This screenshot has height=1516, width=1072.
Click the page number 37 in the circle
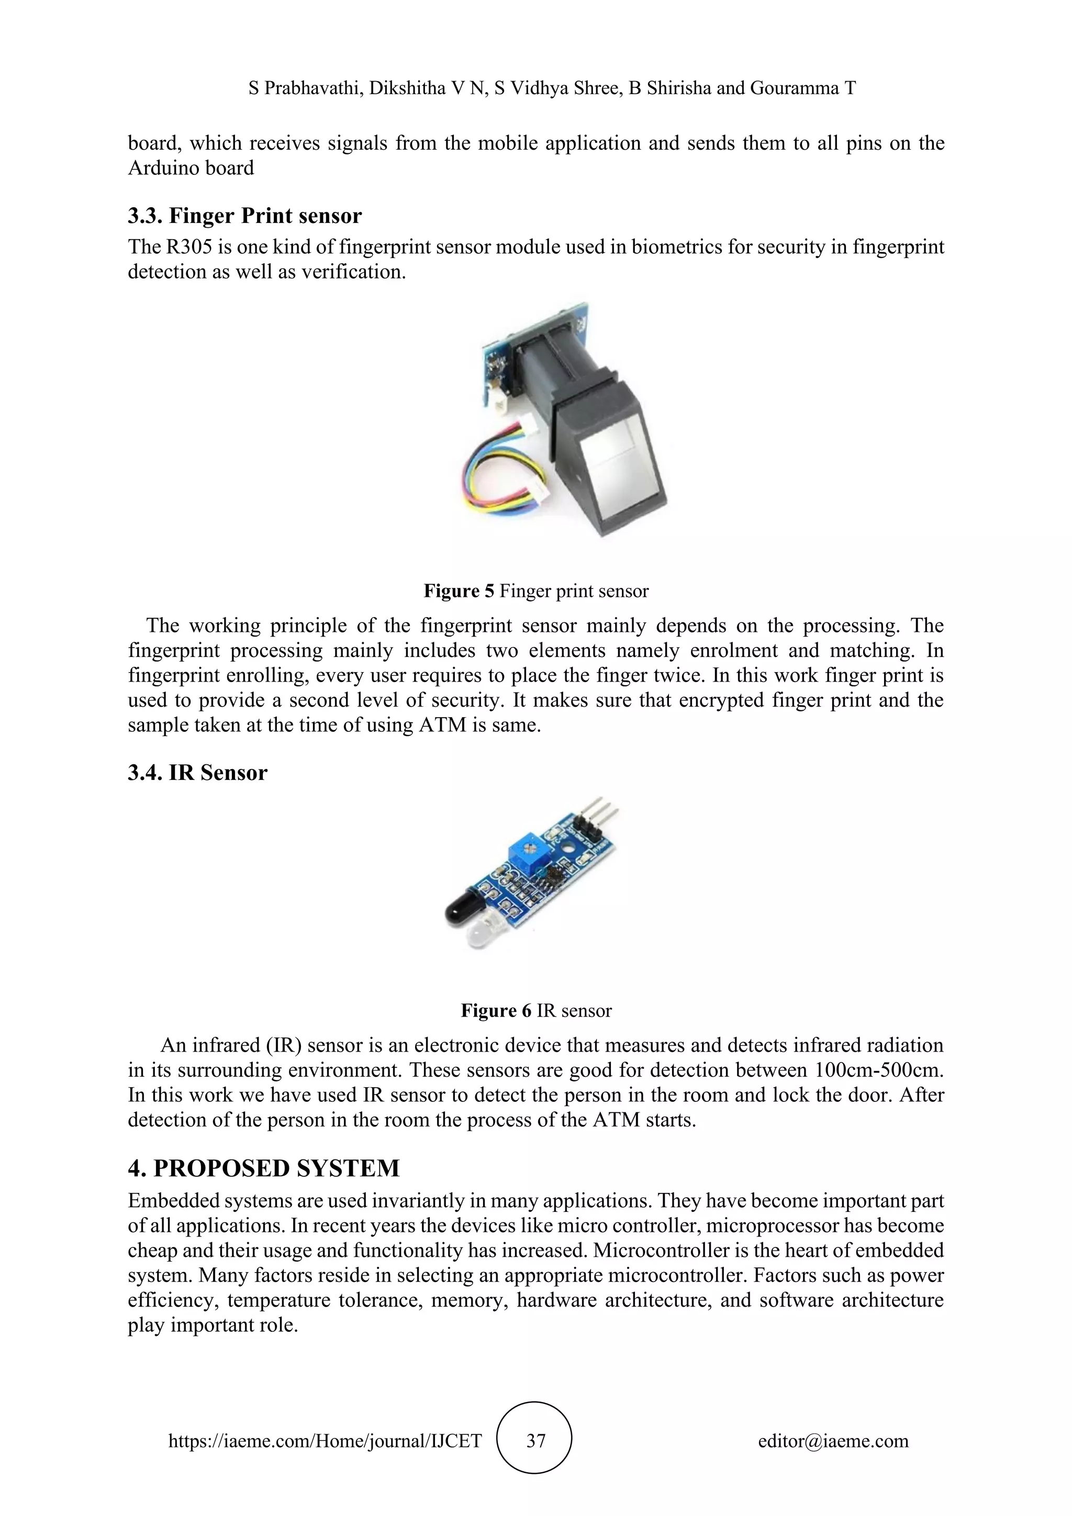(535, 1441)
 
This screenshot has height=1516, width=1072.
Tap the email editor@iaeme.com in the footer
(833, 1441)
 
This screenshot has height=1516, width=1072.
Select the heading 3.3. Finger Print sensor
(245, 216)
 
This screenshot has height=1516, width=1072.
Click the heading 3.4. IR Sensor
(197, 773)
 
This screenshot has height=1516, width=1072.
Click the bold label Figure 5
(458, 591)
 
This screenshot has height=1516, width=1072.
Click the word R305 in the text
(189, 247)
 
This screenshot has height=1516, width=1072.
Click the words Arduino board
(190, 169)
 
